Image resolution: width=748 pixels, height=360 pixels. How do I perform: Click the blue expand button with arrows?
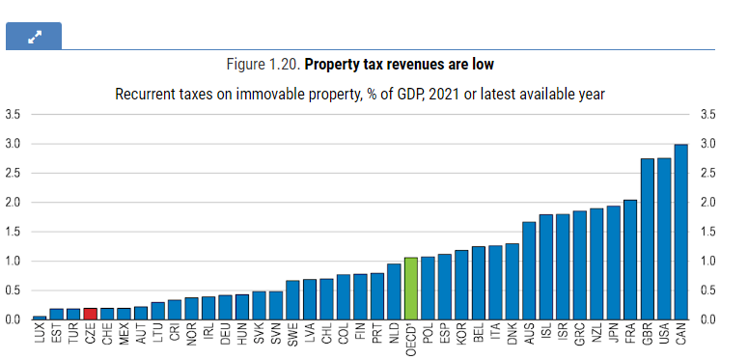34,36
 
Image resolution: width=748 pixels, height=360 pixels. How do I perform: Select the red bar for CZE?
90,314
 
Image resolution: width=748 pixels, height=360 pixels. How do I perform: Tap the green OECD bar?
411,289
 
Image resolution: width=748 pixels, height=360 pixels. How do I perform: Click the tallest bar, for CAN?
680,232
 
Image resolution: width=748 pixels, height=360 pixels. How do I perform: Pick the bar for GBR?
647,239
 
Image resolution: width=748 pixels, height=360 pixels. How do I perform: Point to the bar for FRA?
630,260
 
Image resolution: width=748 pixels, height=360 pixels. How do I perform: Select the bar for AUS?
529,271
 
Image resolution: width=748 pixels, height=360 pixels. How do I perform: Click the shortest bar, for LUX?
40,318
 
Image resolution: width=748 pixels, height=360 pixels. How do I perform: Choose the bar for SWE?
292,300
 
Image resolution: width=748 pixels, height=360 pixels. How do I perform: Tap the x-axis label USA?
664,333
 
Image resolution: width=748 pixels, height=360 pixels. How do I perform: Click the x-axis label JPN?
614,333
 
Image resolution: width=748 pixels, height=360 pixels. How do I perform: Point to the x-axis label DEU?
225,333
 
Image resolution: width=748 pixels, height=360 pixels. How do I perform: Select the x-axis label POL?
428,333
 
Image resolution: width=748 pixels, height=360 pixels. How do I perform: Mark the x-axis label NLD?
394,333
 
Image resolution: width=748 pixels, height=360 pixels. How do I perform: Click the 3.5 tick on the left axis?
12,115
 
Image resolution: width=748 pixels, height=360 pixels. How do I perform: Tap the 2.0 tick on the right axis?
706,203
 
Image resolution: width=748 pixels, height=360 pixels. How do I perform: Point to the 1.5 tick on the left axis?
12,232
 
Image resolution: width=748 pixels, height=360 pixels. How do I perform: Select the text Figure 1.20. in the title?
263,64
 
